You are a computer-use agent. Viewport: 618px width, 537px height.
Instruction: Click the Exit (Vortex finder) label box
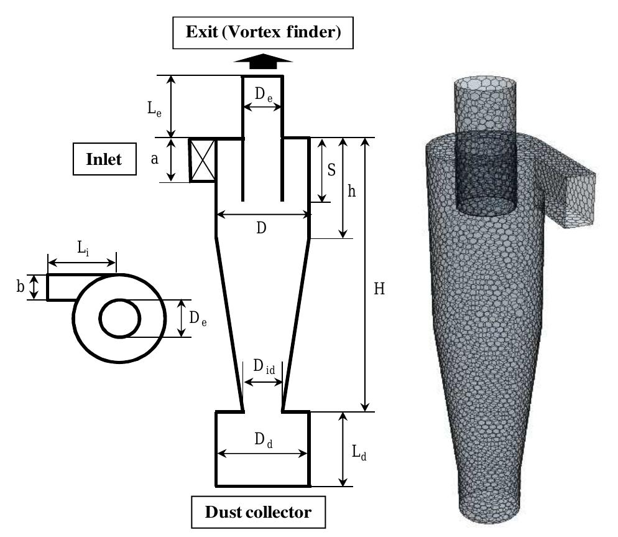(x=264, y=32)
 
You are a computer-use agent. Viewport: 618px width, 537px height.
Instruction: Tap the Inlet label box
(x=104, y=159)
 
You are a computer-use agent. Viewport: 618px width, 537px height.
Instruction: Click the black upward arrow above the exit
(x=263, y=61)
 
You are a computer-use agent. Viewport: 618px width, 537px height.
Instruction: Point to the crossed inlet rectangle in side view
(x=202, y=161)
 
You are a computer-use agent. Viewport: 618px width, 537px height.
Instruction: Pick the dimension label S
(x=332, y=169)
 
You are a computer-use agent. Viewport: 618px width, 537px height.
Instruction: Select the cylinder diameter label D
(x=261, y=228)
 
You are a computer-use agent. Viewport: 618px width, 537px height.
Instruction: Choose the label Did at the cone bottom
(x=264, y=367)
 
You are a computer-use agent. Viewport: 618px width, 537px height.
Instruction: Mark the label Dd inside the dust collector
(x=264, y=440)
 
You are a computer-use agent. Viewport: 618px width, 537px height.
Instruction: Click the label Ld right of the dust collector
(x=359, y=453)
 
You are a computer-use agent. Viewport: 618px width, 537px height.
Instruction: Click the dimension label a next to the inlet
(x=154, y=159)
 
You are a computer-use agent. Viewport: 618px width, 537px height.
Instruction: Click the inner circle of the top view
(x=120, y=318)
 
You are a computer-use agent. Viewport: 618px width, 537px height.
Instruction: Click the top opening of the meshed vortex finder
(x=484, y=85)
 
